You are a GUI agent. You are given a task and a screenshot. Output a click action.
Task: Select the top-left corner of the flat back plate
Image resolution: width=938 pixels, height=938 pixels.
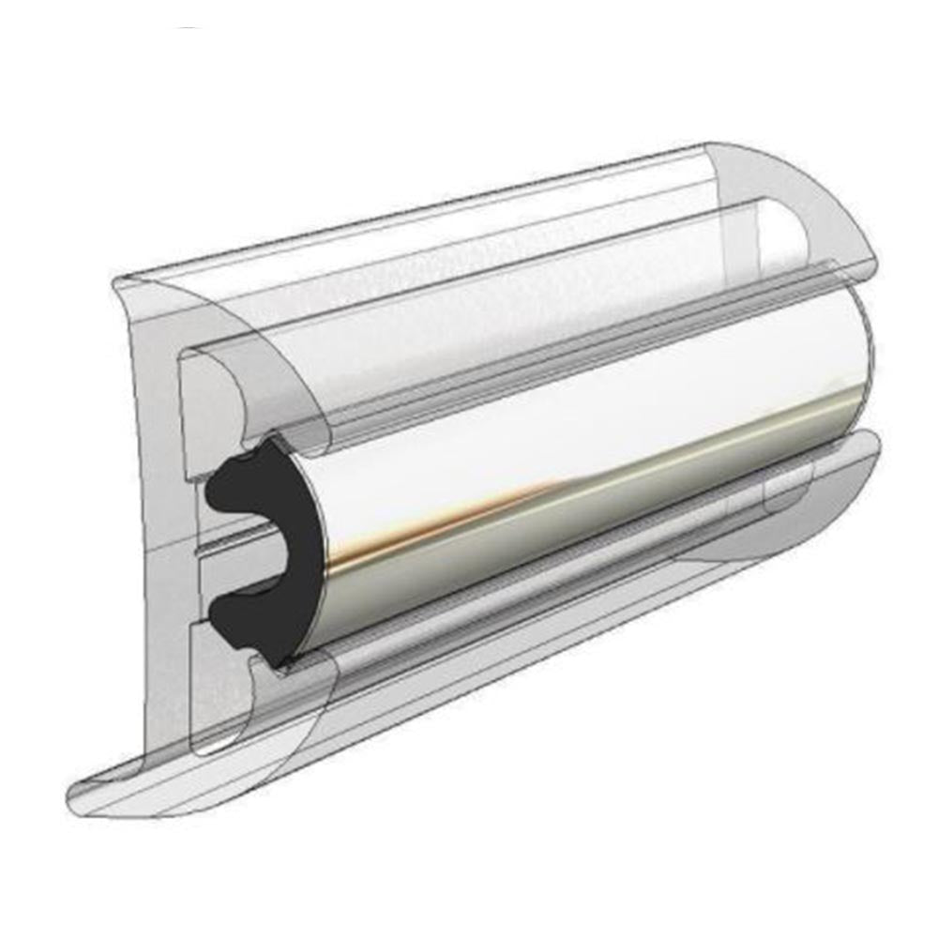117,280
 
